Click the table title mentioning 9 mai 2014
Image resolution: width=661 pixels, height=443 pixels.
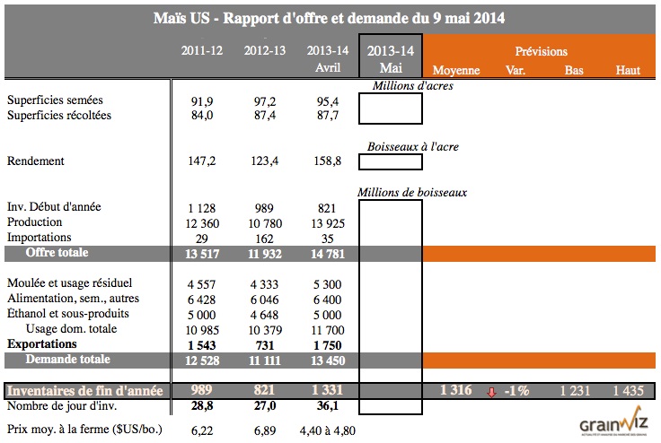pos(330,18)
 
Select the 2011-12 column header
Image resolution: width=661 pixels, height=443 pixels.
pos(202,50)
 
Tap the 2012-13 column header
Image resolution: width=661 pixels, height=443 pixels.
pos(265,50)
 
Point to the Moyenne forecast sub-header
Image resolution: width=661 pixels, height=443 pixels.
pos(456,70)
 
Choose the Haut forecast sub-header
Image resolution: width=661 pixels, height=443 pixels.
pos(628,70)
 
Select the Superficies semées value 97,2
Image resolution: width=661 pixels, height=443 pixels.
pos(265,100)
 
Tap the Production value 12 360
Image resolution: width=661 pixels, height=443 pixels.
pos(202,221)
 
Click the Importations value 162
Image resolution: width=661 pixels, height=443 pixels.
pos(265,238)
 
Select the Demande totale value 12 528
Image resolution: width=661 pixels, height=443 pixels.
pos(202,360)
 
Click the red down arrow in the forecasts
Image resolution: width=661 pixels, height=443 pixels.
pos(491,391)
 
